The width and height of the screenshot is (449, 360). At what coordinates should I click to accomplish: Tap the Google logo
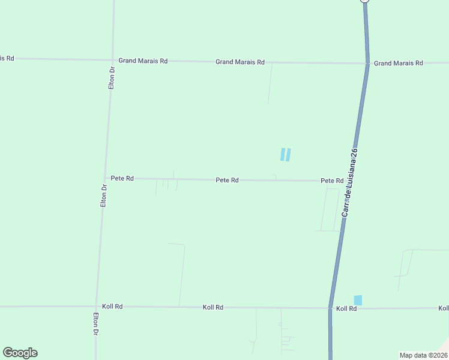pos(20,353)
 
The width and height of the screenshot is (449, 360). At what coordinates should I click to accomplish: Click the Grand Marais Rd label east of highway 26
pos(399,63)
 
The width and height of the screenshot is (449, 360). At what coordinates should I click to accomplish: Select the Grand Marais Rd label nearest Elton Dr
pos(143,61)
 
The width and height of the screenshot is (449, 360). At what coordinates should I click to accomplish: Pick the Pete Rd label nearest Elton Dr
pos(122,179)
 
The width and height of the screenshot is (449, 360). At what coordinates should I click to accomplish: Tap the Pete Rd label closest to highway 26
pos(332,181)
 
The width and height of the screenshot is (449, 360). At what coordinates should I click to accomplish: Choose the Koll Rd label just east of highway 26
pos(346,308)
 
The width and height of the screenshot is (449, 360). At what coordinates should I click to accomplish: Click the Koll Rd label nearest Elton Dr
pos(112,306)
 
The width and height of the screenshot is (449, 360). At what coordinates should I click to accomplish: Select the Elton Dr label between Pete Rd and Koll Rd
pos(104,196)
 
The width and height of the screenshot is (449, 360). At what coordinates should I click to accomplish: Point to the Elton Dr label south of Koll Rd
pos(95,324)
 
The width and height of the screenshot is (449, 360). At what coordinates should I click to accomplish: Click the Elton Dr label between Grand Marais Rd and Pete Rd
pos(111,78)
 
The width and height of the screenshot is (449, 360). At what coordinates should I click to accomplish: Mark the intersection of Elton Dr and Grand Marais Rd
pos(112,60)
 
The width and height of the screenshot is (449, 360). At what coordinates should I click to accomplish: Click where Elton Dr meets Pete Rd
pos(105,178)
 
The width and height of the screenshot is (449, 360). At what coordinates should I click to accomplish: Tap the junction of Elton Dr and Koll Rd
pos(96,306)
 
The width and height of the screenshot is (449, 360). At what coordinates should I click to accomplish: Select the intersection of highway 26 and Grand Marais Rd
pos(368,63)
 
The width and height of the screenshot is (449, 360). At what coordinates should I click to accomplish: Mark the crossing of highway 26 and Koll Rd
pos(330,308)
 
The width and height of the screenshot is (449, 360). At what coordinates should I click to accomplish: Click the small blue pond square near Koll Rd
pos(358,300)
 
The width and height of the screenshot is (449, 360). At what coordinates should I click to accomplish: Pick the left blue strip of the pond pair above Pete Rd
pos(283,155)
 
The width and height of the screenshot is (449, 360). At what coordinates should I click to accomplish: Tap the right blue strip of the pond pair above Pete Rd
pos(289,155)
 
